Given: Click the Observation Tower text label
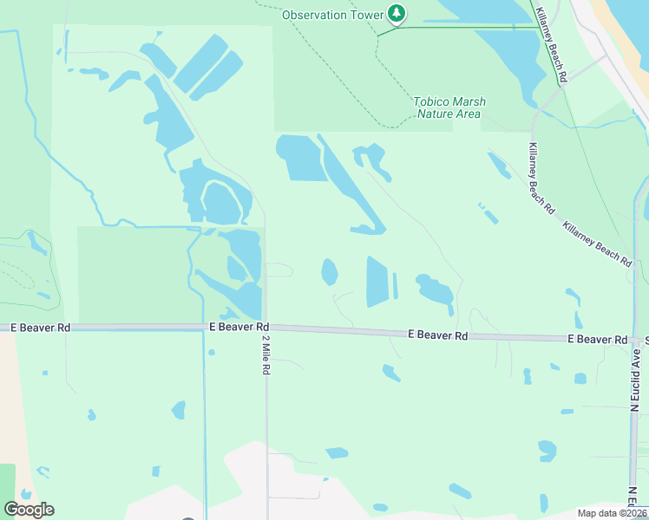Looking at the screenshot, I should (x=332, y=15).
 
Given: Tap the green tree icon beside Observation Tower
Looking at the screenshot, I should (x=397, y=13).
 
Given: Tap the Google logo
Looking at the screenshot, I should (x=29, y=510).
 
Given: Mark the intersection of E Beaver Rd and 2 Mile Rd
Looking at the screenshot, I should (x=265, y=328).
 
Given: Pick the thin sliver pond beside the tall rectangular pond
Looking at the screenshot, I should (x=396, y=286).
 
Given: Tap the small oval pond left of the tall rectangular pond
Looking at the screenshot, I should (x=330, y=272).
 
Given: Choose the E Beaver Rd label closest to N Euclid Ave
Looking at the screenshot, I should (x=597, y=338).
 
